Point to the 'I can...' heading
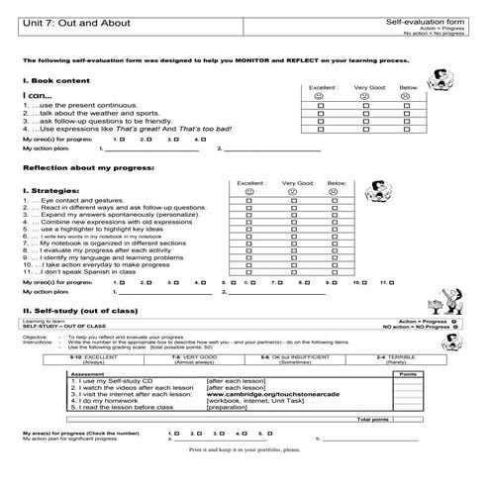click(35, 95)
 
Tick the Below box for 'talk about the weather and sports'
click(408, 113)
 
